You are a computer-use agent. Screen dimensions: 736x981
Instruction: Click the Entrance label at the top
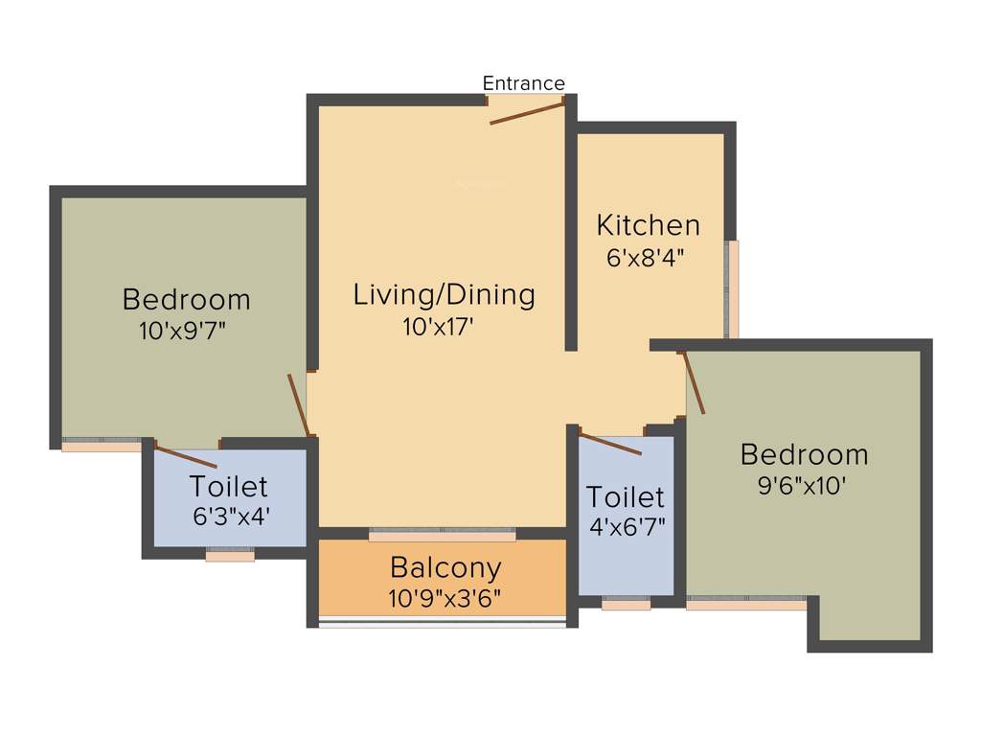tap(523, 83)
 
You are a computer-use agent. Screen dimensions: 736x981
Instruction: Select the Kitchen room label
tap(649, 225)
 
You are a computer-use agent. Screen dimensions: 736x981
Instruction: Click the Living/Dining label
tap(444, 294)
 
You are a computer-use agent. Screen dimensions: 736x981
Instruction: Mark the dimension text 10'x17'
tap(439, 327)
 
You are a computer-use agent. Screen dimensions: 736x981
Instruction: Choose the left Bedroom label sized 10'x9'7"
tap(186, 299)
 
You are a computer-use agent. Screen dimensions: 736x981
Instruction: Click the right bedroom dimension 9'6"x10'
tap(802, 486)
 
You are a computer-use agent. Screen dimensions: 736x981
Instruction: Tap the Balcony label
tap(445, 567)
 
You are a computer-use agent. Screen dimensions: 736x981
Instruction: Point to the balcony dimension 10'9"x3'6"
tap(445, 600)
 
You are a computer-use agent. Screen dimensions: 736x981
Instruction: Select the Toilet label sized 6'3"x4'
tap(228, 486)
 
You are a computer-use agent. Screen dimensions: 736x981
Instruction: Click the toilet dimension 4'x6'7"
tap(626, 527)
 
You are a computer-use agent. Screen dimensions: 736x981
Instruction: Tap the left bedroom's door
tap(299, 404)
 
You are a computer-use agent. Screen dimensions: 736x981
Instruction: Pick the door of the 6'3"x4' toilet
tap(185, 456)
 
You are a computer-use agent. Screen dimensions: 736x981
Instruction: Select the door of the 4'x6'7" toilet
tap(611, 444)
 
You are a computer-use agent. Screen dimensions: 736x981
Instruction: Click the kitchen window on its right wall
tap(733, 288)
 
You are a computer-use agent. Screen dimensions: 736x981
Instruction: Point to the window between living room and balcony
tap(443, 533)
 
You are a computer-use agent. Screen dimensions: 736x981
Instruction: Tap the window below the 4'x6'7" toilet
tap(626, 604)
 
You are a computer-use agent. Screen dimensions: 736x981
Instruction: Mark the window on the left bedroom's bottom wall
tap(102, 446)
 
